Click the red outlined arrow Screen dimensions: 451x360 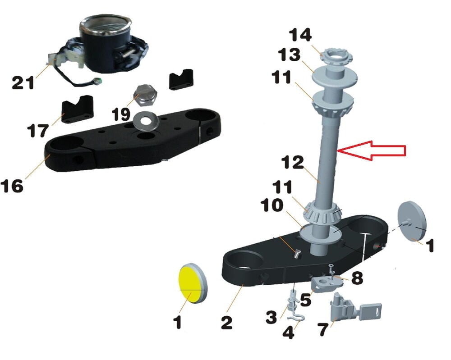pos(372,150)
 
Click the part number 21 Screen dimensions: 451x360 pos(23,82)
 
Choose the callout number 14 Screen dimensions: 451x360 pos(300,35)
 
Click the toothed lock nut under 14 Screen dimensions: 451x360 pos(336,58)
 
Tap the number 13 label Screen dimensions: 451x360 pos(289,55)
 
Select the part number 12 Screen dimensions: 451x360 pos(293,162)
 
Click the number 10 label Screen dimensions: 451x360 pos(272,205)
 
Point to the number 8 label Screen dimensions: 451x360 pos(357,278)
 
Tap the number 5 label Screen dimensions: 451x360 pos(305,300)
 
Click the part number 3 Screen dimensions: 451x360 pos(272,317)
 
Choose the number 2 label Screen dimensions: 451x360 pos(226,322)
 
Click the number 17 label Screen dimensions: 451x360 pos(38,130)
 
